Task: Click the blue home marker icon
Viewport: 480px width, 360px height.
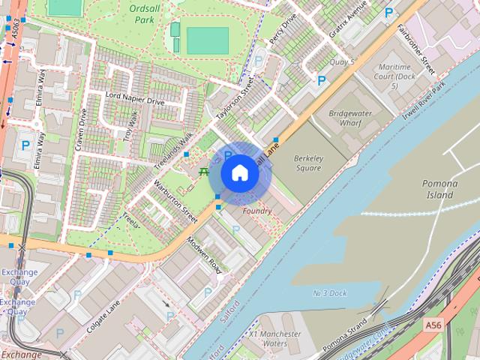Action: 239,173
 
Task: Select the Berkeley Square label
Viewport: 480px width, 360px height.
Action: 307,163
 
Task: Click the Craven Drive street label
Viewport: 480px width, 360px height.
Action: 81,129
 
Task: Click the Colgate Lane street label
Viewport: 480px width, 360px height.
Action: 103,315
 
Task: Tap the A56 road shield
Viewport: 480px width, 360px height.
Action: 433,325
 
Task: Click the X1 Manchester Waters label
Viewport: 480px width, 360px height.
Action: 274,338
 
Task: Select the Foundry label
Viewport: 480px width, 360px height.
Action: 257,211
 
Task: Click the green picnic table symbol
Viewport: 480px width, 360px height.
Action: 203,172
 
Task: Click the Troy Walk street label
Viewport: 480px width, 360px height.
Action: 131,125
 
